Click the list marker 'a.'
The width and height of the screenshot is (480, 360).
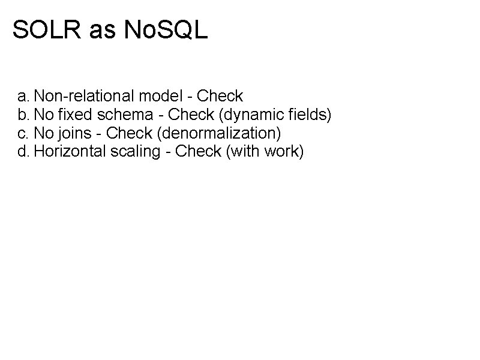coord(23,96)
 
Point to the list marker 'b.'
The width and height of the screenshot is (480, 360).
coord(23,115)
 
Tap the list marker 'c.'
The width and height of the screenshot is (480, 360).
coord(23,133)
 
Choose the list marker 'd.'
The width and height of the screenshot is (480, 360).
coord(23,152)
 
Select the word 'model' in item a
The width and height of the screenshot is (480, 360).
coord(155,96)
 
